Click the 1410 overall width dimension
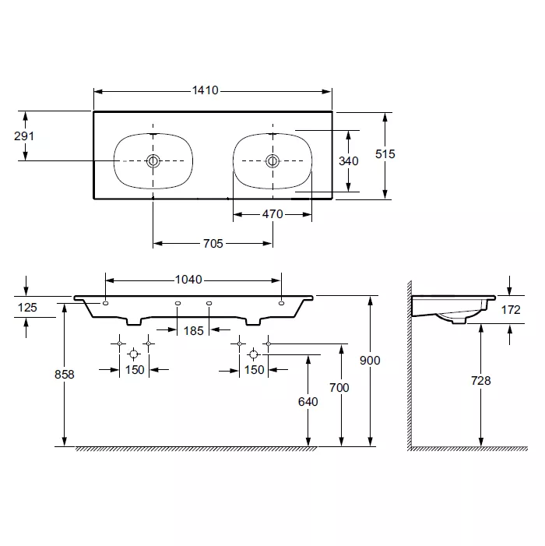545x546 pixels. [x=206, y=90]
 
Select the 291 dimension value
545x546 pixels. [x=24, y=136]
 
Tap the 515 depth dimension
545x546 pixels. [x=385, y=154]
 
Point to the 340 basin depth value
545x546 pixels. [x=348, y=161]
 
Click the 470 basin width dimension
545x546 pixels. [x=272, y=214]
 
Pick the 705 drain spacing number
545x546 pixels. [x=213, y=243]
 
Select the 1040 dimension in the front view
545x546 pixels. [x=188, y=280]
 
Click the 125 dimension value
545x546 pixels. [x=27, y=308]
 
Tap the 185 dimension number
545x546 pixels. [x=194, y=331]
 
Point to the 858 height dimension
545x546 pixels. [x=65, y=375]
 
